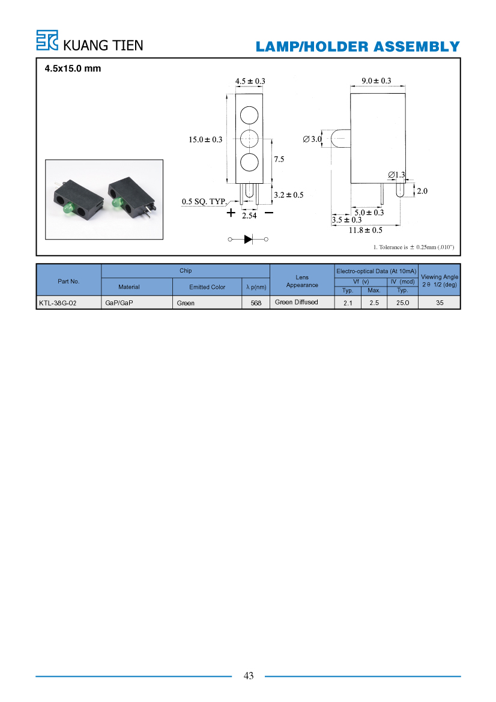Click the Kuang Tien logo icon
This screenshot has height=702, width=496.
tap(47, 40)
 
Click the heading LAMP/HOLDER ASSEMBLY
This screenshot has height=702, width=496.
tap(358, 47)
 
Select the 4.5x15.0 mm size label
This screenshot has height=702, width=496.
tap(73, 68)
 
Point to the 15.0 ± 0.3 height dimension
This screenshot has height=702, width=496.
tap(205, 139)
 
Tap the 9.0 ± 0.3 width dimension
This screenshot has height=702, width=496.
tap(377, 80)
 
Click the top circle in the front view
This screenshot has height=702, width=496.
tap(249, 115)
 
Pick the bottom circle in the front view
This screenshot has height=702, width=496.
tap(249, 162)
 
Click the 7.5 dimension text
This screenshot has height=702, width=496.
tap(279, 159)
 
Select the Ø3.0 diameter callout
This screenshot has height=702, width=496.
tap(312, 139)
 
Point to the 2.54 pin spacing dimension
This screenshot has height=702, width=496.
tap(249, 216)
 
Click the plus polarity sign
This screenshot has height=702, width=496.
tap(231, 213)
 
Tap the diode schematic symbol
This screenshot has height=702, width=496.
tap(248, 239)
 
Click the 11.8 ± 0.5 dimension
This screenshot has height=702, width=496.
tap(366, 230)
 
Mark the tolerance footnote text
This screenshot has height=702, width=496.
tap(414, 247)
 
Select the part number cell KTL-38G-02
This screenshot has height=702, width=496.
tap(58, 303)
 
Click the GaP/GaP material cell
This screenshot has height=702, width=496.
tap(119, 303)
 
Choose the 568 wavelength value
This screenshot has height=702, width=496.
tap(256, 303)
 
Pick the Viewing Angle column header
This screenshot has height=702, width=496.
tap(440, 280)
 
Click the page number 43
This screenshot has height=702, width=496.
tap(249, 676)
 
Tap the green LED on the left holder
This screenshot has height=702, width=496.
tap(68, 208)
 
